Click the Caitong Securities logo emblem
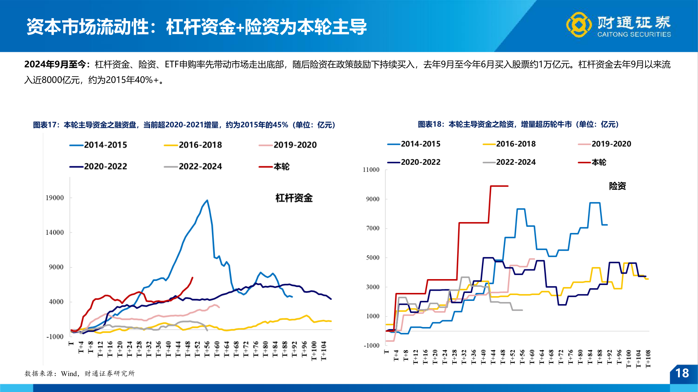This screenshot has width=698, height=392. point(579,25)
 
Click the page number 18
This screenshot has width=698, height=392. point(682,373)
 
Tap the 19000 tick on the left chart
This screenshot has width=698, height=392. point(55,198)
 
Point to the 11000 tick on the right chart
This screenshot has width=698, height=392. point(371,170)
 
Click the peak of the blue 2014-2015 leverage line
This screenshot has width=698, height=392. point(207,200)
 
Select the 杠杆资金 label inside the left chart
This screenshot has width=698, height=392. point(294,198)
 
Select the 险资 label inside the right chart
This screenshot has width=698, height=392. point(617,186)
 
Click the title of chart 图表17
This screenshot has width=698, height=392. point(184,125)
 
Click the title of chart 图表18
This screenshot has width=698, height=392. point(518,124)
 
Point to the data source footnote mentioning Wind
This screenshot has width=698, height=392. point(80,373)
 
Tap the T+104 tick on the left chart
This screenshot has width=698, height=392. point(324,351)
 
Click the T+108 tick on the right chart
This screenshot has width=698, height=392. point(648,359)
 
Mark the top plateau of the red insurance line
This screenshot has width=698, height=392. point(499,186)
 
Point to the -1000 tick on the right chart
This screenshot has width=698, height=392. point(372,346)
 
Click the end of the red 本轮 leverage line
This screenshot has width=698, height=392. point(192,278)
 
